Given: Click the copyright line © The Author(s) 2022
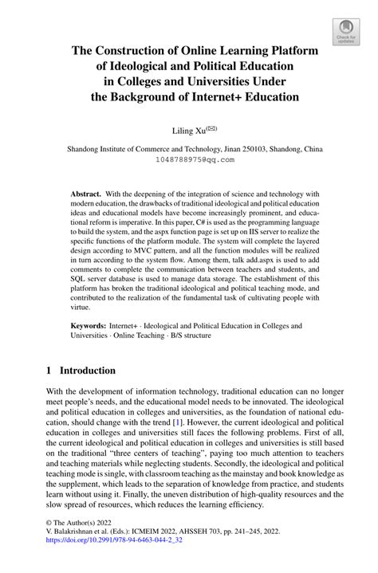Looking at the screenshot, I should point(85,538).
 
